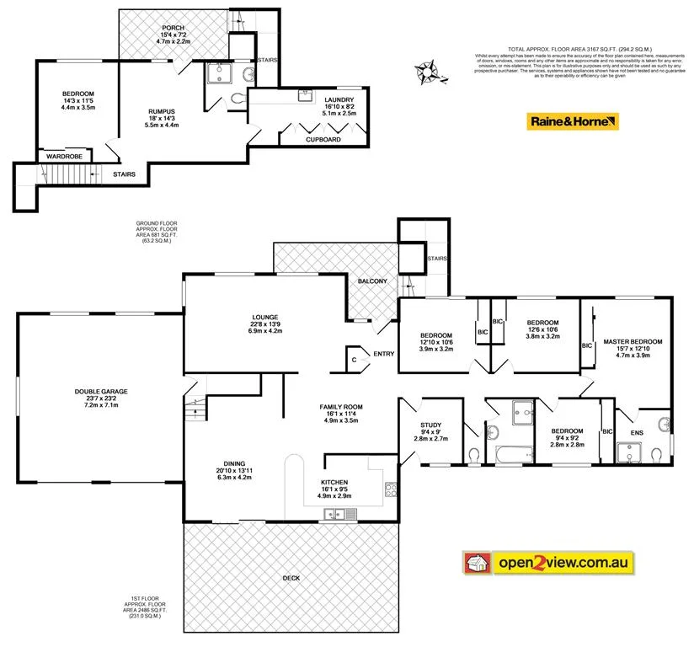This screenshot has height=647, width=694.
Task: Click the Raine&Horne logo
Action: (574, 121)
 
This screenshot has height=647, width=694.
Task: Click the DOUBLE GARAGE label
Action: (101, 392)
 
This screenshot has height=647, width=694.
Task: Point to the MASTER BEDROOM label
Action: (633, 341)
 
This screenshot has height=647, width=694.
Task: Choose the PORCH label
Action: (174, 28)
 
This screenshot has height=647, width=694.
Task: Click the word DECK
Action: (291, 578)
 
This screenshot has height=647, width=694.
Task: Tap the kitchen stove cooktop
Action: (392, 489)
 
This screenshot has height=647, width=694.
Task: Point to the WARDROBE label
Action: (62, 156)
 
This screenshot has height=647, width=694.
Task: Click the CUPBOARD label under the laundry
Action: (323, 139)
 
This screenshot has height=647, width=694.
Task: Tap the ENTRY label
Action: (383, 354)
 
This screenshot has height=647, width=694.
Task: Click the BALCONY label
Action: (371, 281)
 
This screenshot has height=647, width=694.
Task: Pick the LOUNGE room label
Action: (265, 317)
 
